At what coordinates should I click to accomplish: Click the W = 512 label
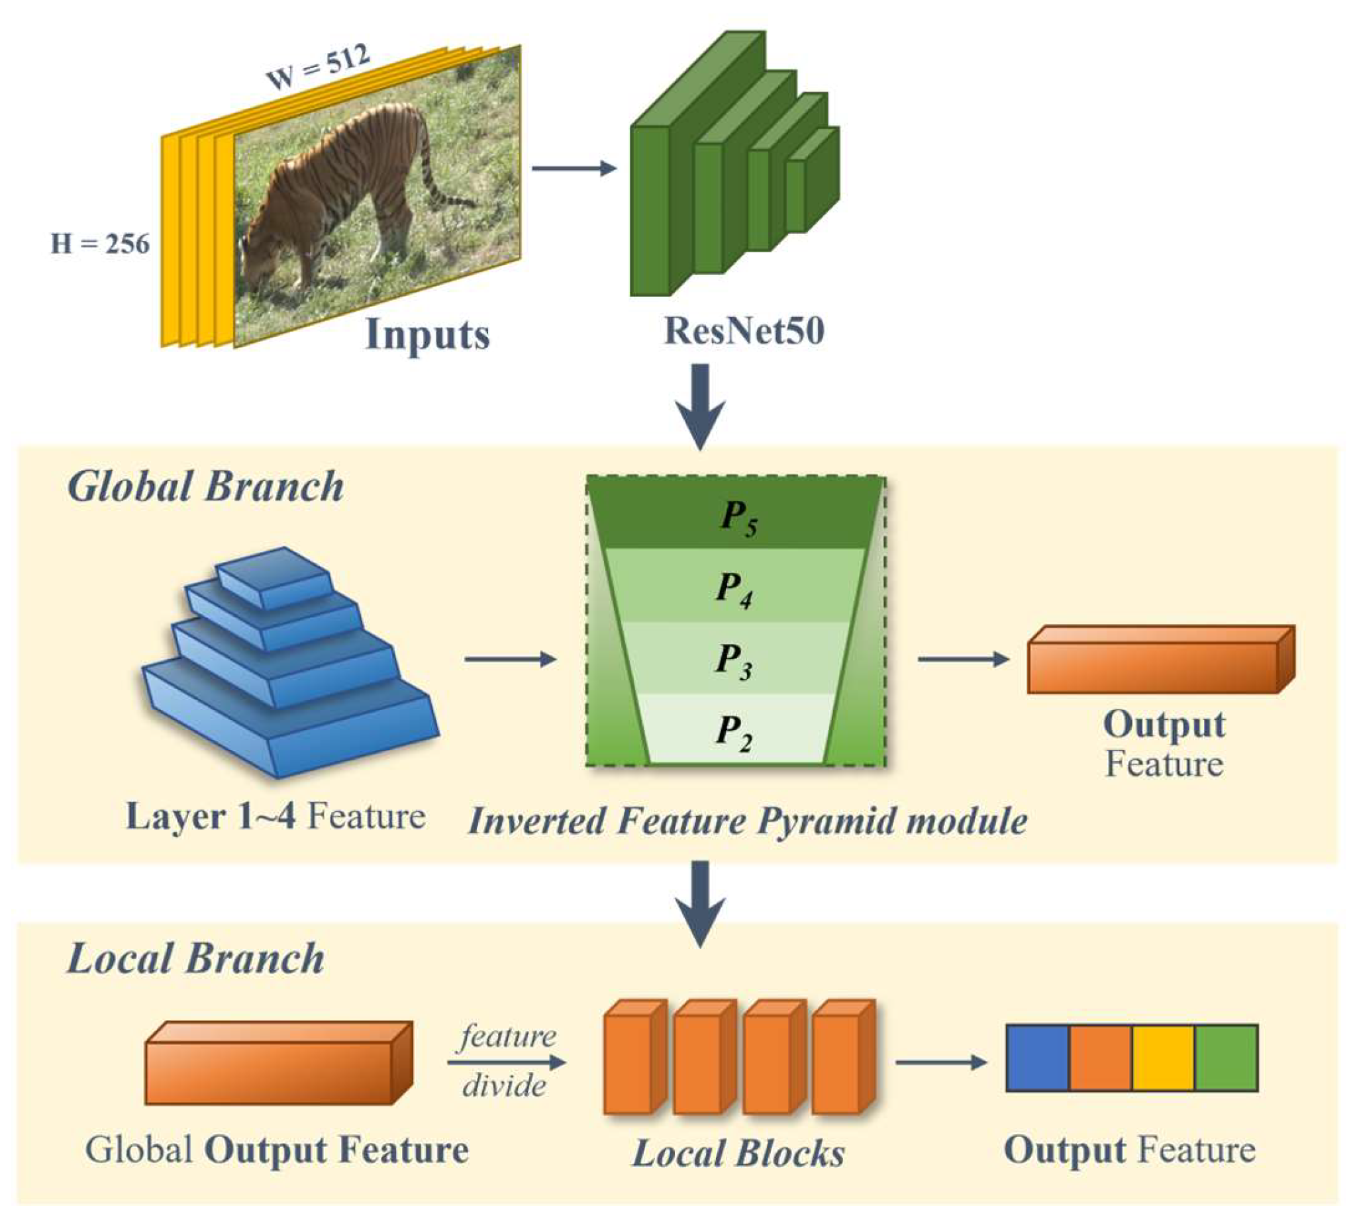click(x=318, y=68)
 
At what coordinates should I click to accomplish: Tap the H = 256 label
click(x=100, y=244)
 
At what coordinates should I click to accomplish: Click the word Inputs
click(x=428, y=334)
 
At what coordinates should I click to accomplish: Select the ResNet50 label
click(x=744, y=331)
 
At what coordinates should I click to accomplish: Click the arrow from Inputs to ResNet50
click(x=574, y=167)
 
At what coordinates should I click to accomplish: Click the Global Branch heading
click(x=205, y=486)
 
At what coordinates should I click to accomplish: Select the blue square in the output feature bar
click(x=1038, y=1058)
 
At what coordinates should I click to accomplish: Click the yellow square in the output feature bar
click(x=1163, y=1058)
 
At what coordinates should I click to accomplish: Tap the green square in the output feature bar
click(x=1226, y=1058)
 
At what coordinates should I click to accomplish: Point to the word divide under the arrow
click(x=504, y=1085)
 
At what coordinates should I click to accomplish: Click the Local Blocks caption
click(x=738, y=1154)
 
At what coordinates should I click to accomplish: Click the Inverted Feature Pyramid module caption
click(x=747, y=821)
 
